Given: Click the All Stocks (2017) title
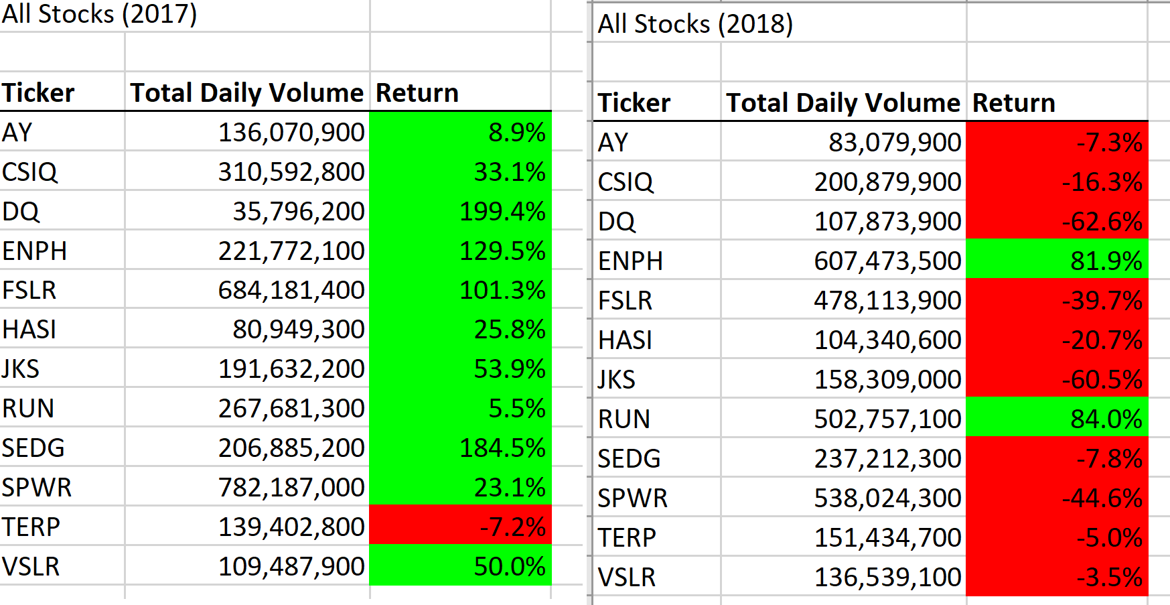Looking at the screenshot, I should point(99,14).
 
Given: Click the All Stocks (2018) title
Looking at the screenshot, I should point(695,24).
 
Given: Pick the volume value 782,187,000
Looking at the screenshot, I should point(291,488).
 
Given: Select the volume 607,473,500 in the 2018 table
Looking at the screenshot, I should point(887,261).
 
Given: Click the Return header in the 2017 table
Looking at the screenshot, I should point(417,93).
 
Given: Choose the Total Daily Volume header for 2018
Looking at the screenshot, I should point(843,103).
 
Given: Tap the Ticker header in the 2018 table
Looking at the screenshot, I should point(634,103).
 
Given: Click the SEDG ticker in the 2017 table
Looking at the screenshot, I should point(33,448).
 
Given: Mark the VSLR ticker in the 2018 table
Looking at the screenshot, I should point(626,578).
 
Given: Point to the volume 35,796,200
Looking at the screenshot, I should point(298,212).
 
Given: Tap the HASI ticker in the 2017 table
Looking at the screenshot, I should point(29,330).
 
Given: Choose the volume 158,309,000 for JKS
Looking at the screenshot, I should point(887,380).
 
